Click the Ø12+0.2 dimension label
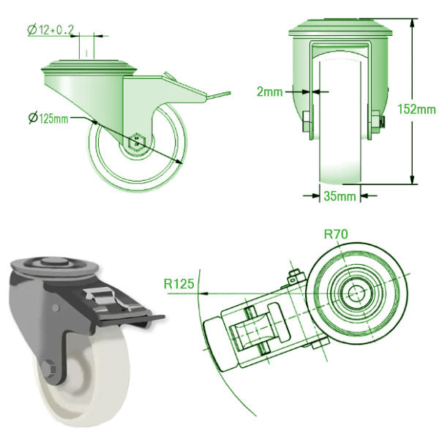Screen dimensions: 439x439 (50, 30)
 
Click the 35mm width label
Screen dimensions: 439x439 (340, 196)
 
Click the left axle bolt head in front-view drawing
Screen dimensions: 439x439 (304, 122)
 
